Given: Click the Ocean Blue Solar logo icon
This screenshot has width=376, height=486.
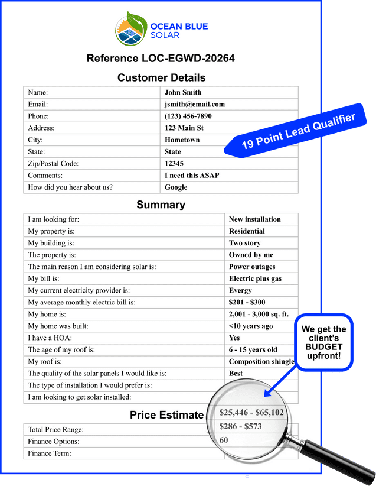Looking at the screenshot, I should coord(131,28).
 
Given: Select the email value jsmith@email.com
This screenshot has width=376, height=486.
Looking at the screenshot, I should coord(195,105).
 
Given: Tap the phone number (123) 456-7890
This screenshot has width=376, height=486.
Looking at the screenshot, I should coord(188,116).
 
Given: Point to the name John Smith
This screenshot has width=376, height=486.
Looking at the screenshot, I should coord(183,93).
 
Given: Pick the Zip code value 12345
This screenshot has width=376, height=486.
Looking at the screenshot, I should coord(174,164).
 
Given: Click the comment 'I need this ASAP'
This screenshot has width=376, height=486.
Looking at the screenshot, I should coord(192,176).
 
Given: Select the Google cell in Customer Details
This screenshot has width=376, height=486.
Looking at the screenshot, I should coord(176,187).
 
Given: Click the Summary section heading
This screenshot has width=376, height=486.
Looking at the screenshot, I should coord(161,205).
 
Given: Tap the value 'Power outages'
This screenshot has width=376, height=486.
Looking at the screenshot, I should coord(252,267).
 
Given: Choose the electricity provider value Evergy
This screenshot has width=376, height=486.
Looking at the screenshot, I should coord(240,290).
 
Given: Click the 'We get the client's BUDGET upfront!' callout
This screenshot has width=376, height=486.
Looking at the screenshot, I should coord(323,342).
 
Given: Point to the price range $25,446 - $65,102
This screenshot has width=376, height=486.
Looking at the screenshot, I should coord(251,412).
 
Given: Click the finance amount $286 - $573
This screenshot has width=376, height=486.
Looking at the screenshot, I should coord(240,426).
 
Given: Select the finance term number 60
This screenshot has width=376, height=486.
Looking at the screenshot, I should coord(224,440).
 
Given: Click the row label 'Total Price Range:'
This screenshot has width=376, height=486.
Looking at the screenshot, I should coord(56,430).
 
